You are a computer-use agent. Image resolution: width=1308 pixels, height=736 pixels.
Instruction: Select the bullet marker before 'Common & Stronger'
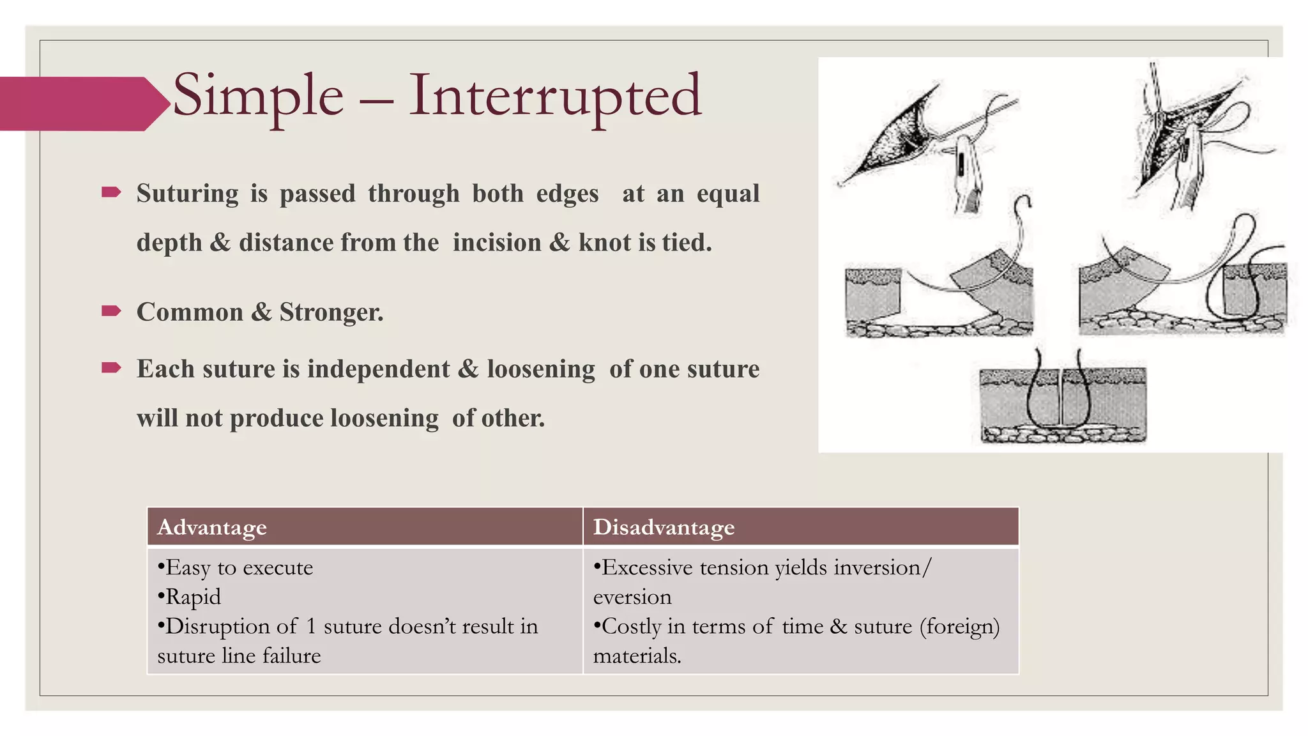click(x=111, y=311)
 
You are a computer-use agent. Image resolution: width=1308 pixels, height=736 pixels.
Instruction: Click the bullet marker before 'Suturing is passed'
click(x=111, y=192)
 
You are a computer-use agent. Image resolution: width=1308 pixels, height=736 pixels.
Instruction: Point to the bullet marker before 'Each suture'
click(x=111, y=367)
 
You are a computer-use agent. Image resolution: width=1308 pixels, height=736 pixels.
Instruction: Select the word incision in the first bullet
click(x=497, y=243)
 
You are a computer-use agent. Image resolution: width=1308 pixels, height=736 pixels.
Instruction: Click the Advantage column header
click(x=212, y=527)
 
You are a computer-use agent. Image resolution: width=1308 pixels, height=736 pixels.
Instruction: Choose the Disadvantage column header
click(x=664, y=527)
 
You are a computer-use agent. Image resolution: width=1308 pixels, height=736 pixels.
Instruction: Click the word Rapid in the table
click(x=193, y=597)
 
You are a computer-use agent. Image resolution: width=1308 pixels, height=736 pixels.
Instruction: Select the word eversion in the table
click(x=632, y=597)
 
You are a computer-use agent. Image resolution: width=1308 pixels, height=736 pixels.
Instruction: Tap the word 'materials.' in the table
click(x=637, y=655)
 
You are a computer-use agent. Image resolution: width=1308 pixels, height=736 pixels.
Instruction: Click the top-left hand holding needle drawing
click(x=926, y=147)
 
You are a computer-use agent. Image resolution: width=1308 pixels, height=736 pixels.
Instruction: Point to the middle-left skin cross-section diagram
click(x=939, y=294)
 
